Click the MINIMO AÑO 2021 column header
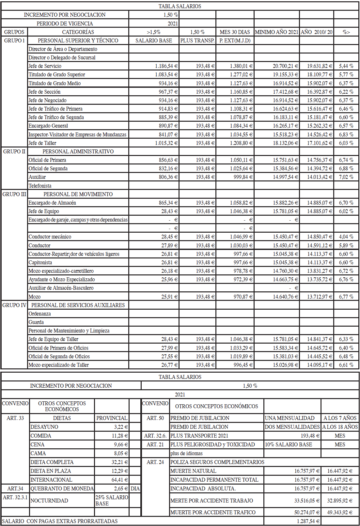click(x=276, y=32)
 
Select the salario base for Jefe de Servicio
click(x=166, y=66)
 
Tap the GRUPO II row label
click(x=14, y=151)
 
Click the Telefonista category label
click(x=40, y=186)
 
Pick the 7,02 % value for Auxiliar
click(x=346, y=177)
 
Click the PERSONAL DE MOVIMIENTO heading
click(x=78, y=194)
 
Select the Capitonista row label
click(x=40, y=262)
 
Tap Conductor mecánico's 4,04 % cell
click(x=346, y=237)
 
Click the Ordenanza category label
click(x=39, y=314)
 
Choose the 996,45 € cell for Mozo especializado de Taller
click(x=243, y=365)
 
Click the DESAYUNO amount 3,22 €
click(x=121, y=427)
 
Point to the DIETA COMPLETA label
click(x=52, y=462)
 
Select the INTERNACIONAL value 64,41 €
click(x=121, y=480)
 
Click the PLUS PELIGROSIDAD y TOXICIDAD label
click(x=212, y=444)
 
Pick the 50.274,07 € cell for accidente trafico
click(x=307, y=512)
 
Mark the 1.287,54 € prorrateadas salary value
click(x=308, y=521)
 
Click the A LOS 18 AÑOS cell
click(x=340, y=427)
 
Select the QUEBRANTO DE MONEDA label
click(x=62, y=488)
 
